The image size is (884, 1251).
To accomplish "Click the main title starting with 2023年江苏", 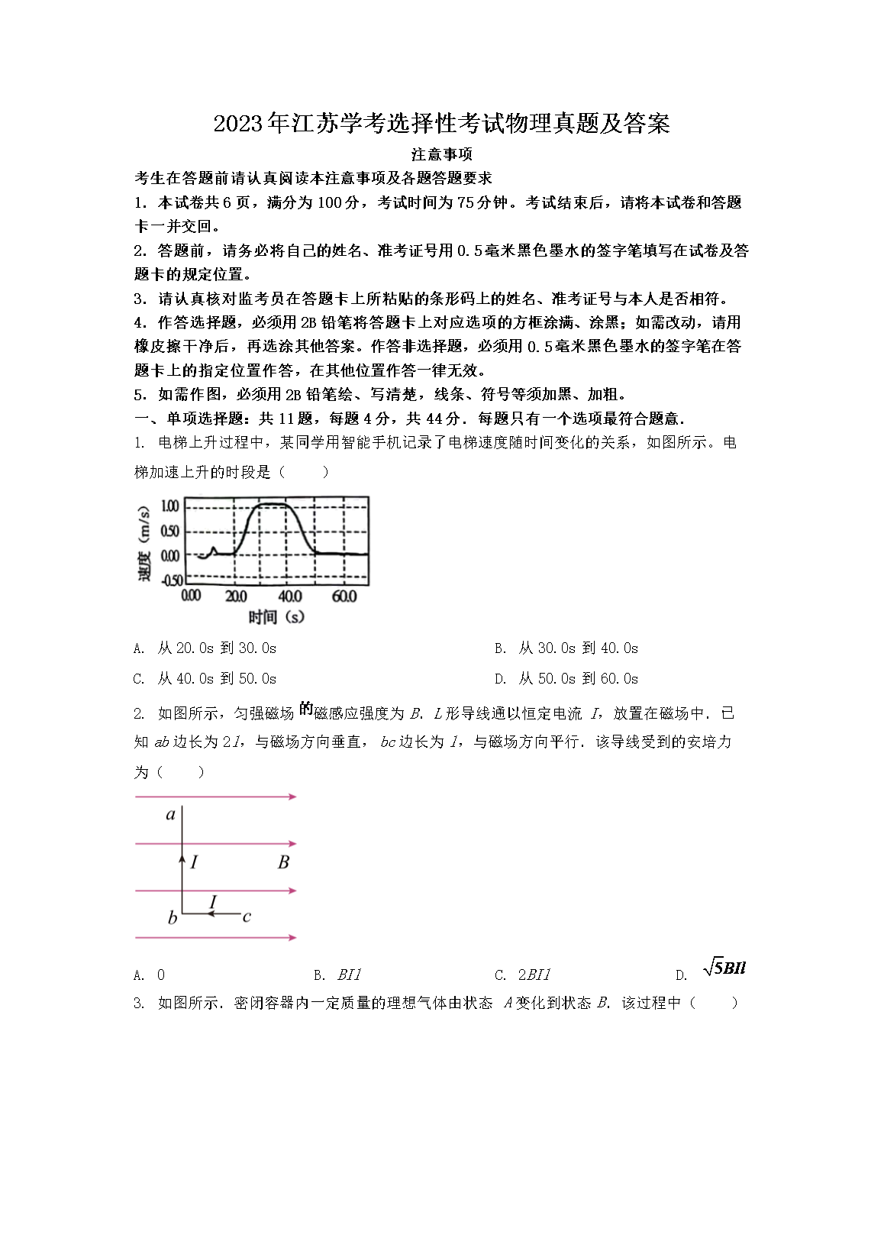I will coord(441,124).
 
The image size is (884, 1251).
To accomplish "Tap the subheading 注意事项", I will coord(441,154).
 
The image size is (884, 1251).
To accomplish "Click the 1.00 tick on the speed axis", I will coord(170,506).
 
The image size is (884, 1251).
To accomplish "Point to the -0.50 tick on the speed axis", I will coord(169,580).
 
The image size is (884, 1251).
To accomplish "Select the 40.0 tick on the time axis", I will coord(289,596).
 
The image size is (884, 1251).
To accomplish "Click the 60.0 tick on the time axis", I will coord(344,596).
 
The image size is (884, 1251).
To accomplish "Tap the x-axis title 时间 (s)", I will coord(276,616).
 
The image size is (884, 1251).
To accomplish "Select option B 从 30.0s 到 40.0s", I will coord(567,648).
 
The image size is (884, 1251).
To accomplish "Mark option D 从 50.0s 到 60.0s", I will coord(567,679).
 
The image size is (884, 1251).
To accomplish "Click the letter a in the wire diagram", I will coord(171,815).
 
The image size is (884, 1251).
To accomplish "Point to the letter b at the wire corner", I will coord(173,918).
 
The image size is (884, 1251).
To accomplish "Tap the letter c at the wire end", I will coord(247,916).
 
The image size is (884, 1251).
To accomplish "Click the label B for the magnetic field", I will coord(283,862).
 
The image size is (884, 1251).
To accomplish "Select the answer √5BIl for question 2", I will coord(724,968).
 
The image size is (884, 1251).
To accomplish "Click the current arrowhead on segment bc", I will coord(211,913).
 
